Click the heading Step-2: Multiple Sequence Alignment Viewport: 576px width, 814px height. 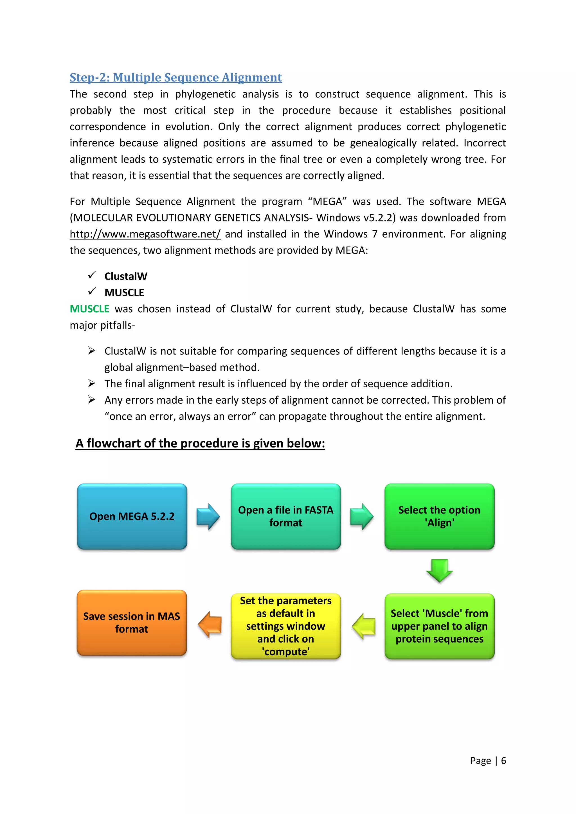(x=175, y=77)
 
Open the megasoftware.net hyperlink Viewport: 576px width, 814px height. (x=145, y=234)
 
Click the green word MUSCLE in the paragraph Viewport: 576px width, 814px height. (x=89, y=309)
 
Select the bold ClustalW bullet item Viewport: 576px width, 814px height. (x=125, y=276)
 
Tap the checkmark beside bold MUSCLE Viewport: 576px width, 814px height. (x=92, y=291)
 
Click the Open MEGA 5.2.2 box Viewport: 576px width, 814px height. (x=132, y=516)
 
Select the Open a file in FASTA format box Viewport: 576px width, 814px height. (x=285, y=516)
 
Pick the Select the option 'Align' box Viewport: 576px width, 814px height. (x=439, y=516)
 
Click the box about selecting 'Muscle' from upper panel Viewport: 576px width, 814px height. (x=439, y=626)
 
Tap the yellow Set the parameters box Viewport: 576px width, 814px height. (x=285, y=626)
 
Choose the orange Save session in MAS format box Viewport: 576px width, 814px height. (x=132, y=623)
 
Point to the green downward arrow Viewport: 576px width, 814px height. (x=439, y=570)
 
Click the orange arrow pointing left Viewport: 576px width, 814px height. (x=210, y=625)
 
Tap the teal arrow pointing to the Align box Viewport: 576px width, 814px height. (x=362, y=517)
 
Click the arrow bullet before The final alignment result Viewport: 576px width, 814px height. (x=92, y=383)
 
